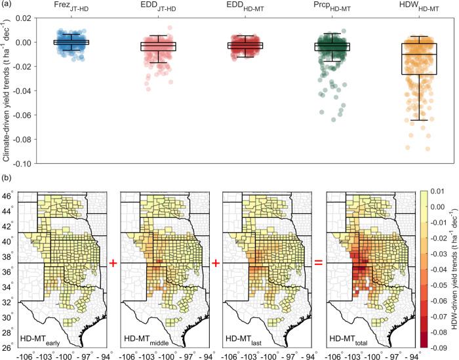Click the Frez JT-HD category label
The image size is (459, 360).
click(x=70, y=7)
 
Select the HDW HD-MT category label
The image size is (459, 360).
click(x=416, y=7)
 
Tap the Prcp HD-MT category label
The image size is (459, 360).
click(x=331, y=7)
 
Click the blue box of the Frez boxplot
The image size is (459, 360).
click(x=70, y=42)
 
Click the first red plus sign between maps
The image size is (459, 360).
click(x=113, y=264)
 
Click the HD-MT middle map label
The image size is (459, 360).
click(x=146, y=339)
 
